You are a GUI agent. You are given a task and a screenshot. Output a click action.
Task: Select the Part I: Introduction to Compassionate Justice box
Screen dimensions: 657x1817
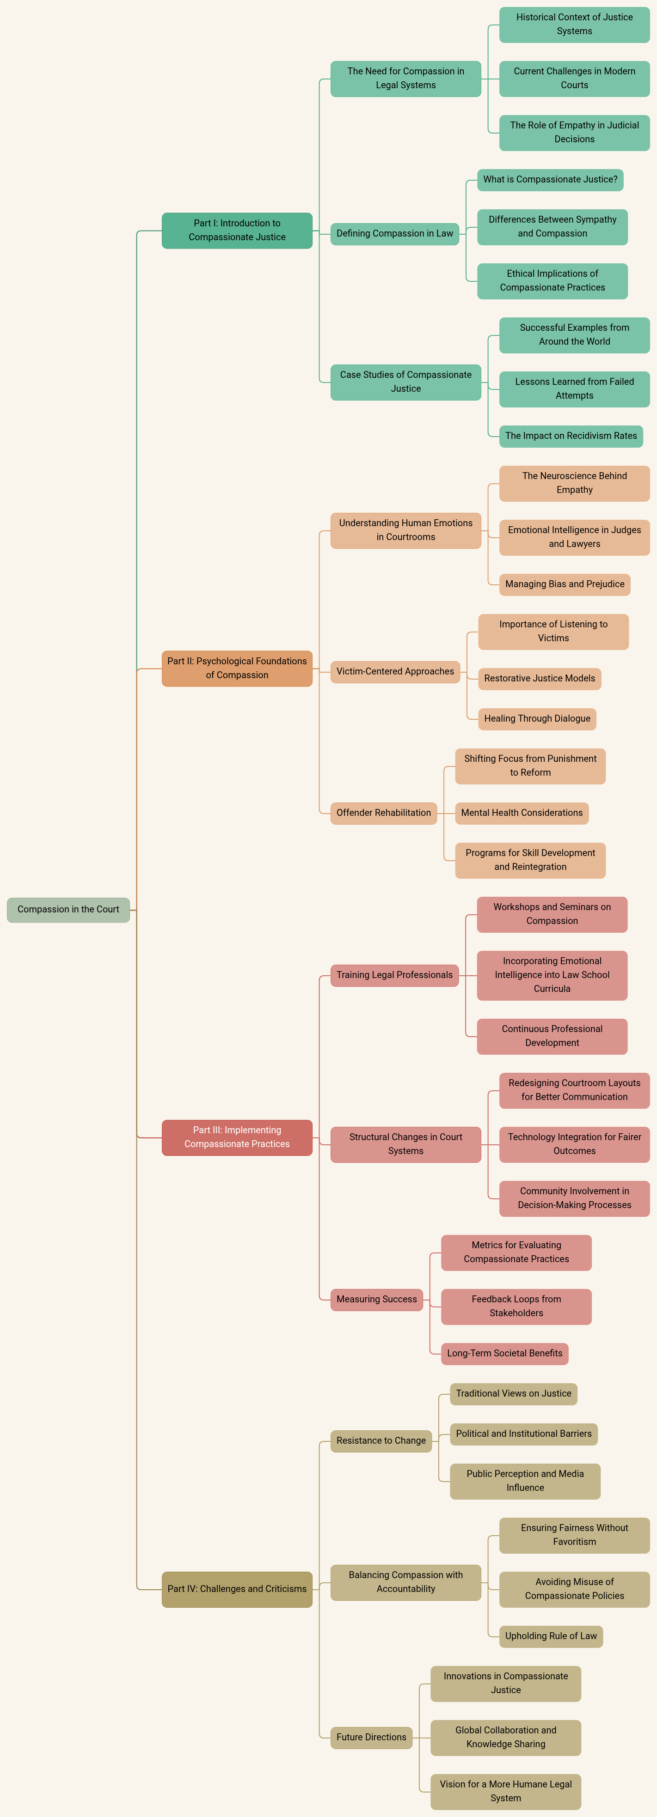(237, 230)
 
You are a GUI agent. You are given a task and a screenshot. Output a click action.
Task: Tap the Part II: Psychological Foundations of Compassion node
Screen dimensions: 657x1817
(237, 668)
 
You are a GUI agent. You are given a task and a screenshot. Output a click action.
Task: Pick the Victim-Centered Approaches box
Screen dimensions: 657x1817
(395, 672)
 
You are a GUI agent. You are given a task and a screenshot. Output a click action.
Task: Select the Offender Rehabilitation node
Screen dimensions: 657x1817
(384, 813)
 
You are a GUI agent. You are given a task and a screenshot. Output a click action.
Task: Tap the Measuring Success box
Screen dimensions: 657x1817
(377, 1299)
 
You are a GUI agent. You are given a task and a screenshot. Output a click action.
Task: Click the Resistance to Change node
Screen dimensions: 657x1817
(381, 1440)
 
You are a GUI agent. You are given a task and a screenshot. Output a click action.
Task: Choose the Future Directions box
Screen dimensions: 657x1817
(371, 1737)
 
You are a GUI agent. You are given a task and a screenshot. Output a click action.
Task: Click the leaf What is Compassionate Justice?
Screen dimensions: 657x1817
(551, 180)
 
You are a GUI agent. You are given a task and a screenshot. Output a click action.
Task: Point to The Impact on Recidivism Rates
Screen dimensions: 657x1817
(571, 436)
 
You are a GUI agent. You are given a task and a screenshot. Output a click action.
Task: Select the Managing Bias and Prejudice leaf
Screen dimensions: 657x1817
(565, 584)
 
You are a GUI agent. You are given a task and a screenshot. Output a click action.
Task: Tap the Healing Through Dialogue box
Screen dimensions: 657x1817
(537, 719)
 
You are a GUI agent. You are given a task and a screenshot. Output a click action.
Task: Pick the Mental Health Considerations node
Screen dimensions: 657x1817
(522, 813)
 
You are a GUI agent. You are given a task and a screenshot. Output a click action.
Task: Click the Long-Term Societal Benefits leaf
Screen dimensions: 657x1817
(504, 1353)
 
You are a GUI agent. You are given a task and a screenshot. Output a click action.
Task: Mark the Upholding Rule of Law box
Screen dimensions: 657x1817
(551, 1636)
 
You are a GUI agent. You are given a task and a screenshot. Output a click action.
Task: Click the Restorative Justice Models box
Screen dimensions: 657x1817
(540, 679)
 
